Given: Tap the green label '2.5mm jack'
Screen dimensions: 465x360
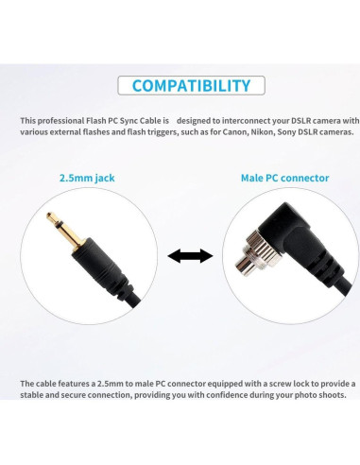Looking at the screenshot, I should [84, 177].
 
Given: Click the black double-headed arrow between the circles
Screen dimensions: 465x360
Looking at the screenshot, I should [189, 255].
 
